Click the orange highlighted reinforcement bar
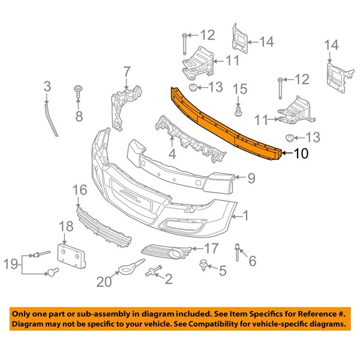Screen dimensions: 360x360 [x=228, y=123]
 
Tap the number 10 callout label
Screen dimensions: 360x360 [x=301, y=154]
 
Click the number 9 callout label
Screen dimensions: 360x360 [x=251, y=177]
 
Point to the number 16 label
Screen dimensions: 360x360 [x=80, y=191]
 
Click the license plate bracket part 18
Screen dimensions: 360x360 [x=71, y=254]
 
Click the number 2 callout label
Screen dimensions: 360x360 [x=168, y=278]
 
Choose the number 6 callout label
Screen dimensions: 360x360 [x=251, y=260]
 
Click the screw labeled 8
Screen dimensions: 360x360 [x=78, y=91]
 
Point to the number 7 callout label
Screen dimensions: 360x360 [x=127, y=73]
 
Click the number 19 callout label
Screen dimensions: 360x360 [x=11, y=263]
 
